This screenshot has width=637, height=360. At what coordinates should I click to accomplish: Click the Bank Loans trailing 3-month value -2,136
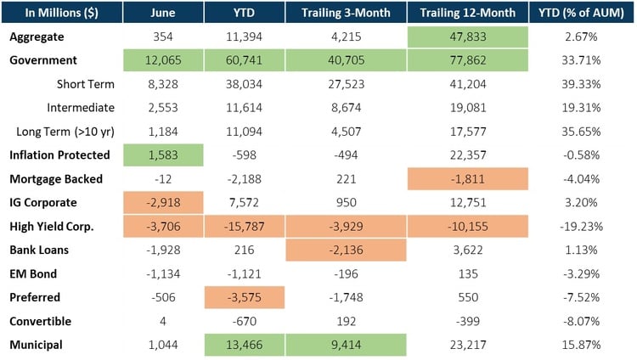[344, 250]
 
